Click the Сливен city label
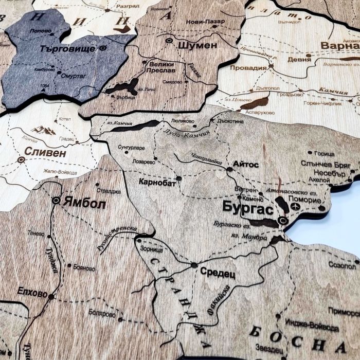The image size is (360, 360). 45,153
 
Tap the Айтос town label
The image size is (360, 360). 246,165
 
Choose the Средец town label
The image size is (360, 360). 218,272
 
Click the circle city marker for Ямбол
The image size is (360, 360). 56,200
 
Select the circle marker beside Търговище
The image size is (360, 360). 103,48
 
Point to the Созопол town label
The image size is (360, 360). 341,266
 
